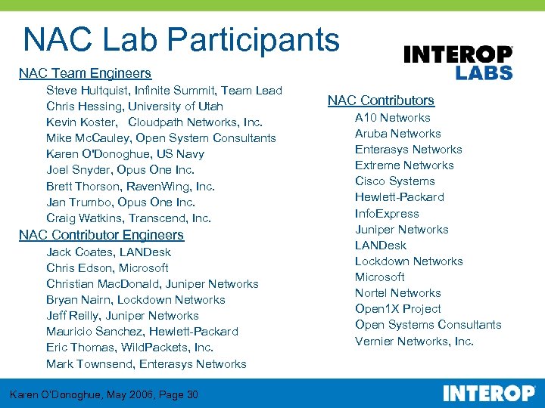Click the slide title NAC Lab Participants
pyautogui.click(x=181, y=39)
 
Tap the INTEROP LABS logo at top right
pyautogui.click(x=458, y=63)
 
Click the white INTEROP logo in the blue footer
pyautogui.click(x=488, y=394)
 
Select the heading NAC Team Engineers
pyautogui.click(x=85, y=73)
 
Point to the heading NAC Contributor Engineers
pyautogui.click(x=101, y=235)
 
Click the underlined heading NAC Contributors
pyautogui.click(x=381, y=100)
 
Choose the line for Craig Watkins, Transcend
pyautogui.click(x=129, y=218)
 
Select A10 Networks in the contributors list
pyautogui.click(x=392, y=118)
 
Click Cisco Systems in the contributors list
pyautogui.click(x=394, y=181)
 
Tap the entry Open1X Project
pyautogui.click(x=397, y=309)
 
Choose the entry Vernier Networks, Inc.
pyautogui.click(x=414, y=342)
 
